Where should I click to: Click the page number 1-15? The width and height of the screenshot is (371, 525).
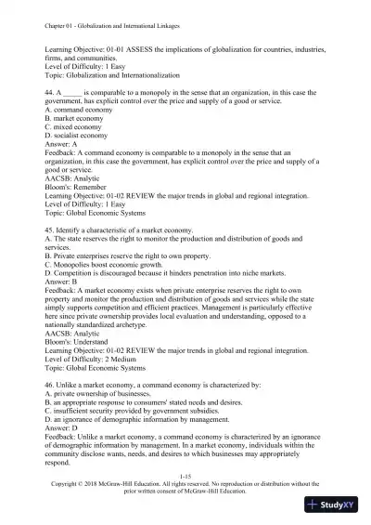pyautogui.click(x=185, y=474)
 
